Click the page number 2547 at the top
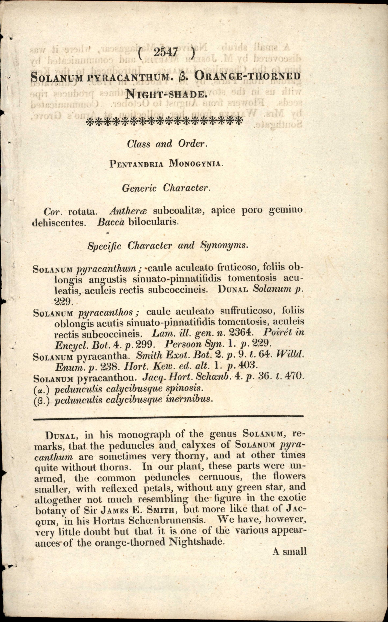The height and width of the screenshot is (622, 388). click(166, 53)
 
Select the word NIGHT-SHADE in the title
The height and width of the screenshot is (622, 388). click(166, 94)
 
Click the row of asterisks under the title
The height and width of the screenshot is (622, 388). click(164, 121)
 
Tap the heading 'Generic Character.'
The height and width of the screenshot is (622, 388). click(166, 188)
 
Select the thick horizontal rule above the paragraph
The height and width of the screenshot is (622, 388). click(168, 416)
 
